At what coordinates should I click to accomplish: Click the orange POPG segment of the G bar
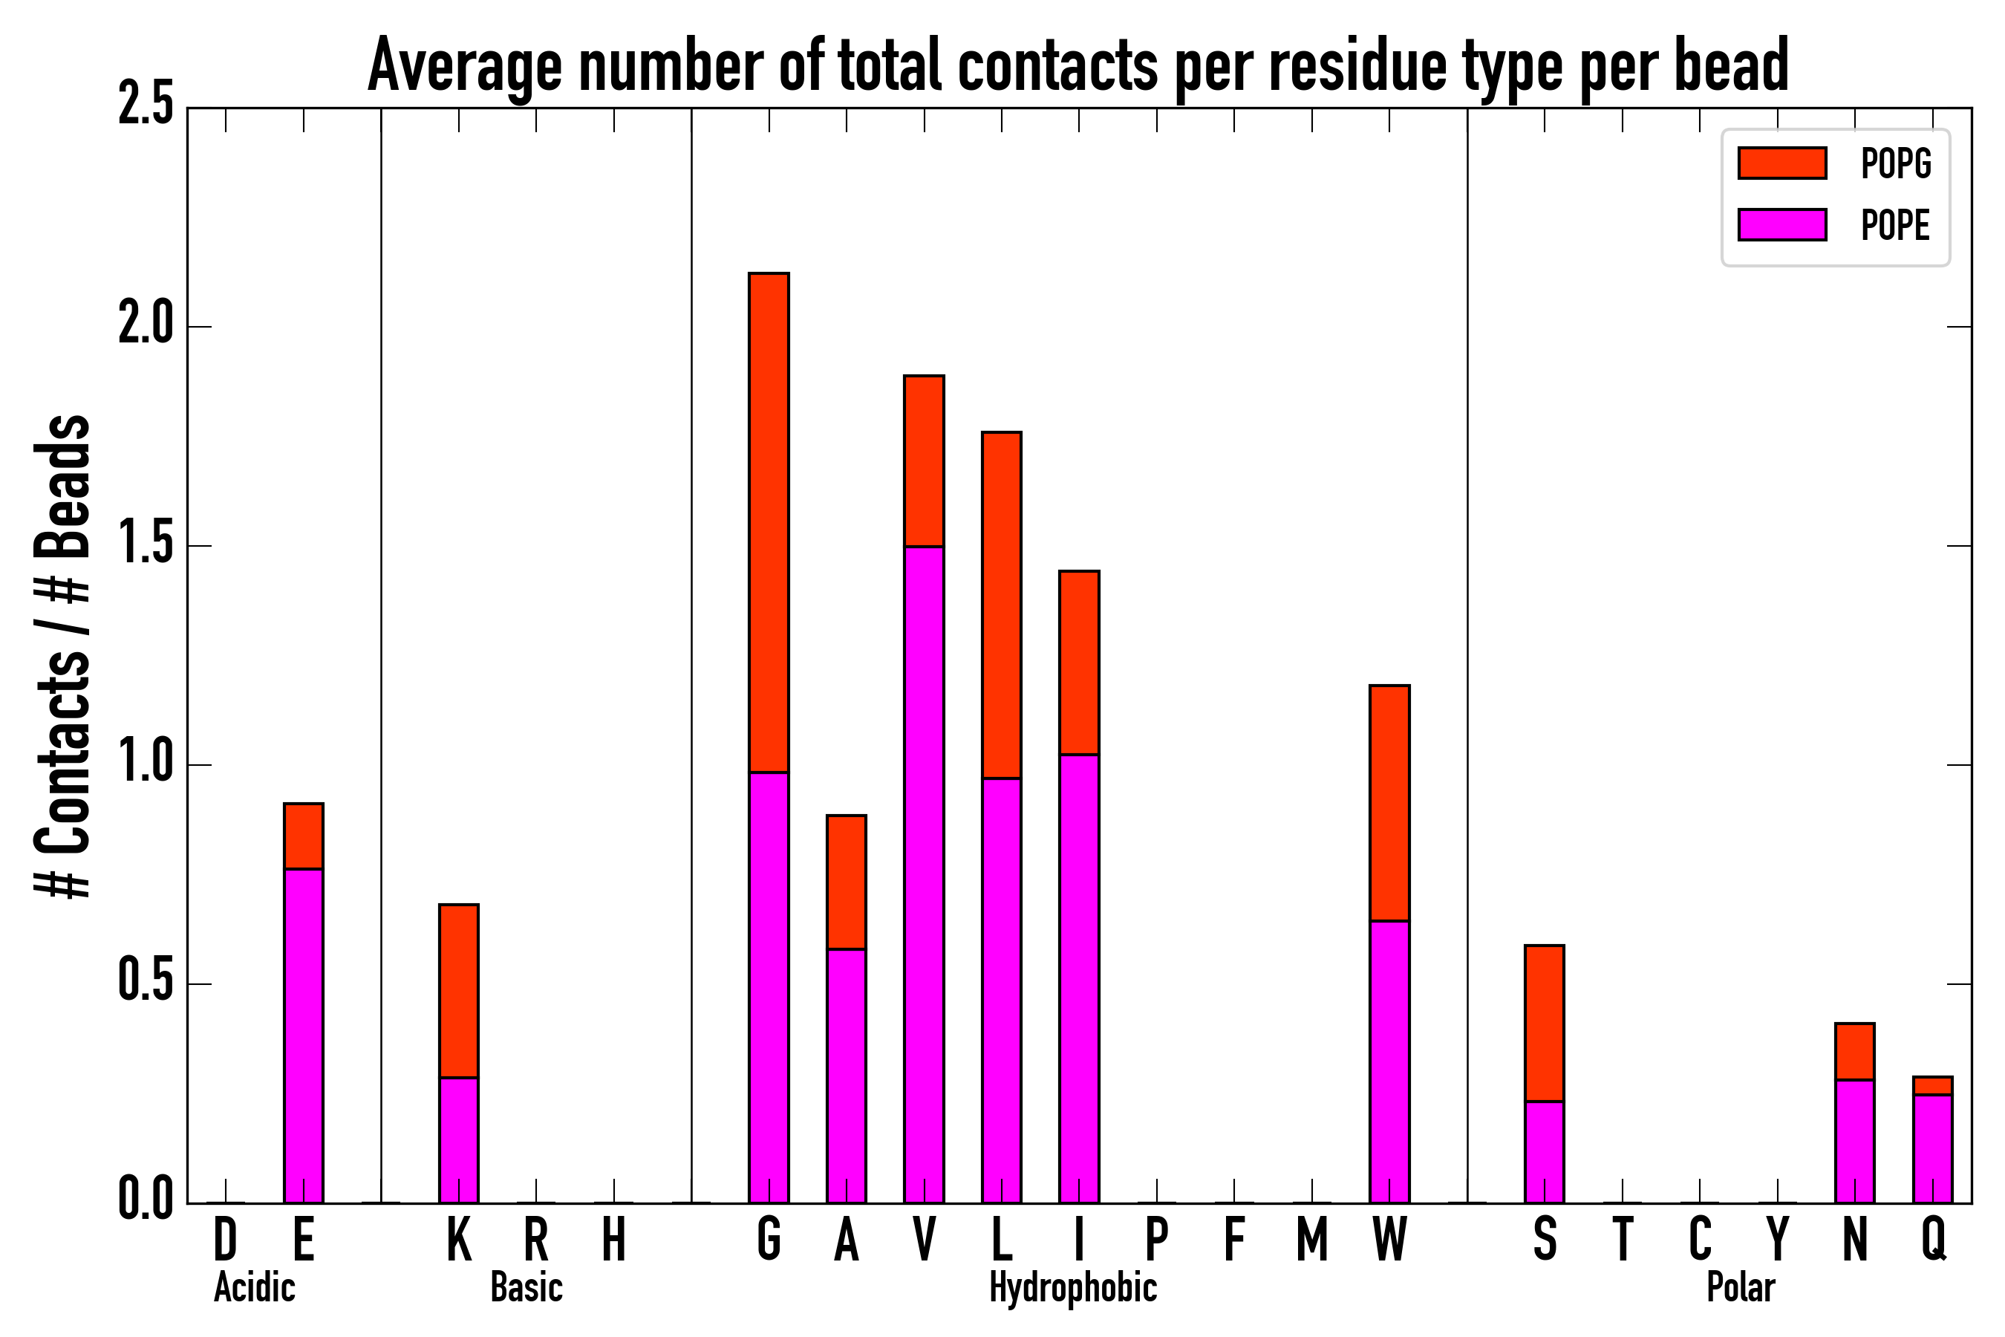[x=768, y=522]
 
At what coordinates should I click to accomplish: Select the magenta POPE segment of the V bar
[x=923, y=874]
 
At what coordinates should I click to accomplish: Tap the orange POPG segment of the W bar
[x=1389, y=802]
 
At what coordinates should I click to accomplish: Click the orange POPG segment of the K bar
[x=459, y=991]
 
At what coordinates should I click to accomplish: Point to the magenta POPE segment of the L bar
[x=1001, y=990]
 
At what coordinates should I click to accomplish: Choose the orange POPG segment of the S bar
[x=1544, y=1024]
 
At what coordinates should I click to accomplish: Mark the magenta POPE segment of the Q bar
[x=1931, y=1148]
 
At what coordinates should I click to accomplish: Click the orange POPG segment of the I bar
[x=1078, y=663]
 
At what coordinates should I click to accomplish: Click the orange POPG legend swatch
[x=1781, y=163]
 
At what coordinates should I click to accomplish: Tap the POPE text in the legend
[x=1894, y=225]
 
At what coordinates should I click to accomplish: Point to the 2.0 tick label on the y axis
[x=145, y=327]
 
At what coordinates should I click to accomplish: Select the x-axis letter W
[x=1389, y=1239]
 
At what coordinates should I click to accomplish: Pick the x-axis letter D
[x=225, y=1239]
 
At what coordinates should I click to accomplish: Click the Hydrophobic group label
[x=1072, y=1287]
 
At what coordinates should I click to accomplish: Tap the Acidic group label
[x=254, y=1287]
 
